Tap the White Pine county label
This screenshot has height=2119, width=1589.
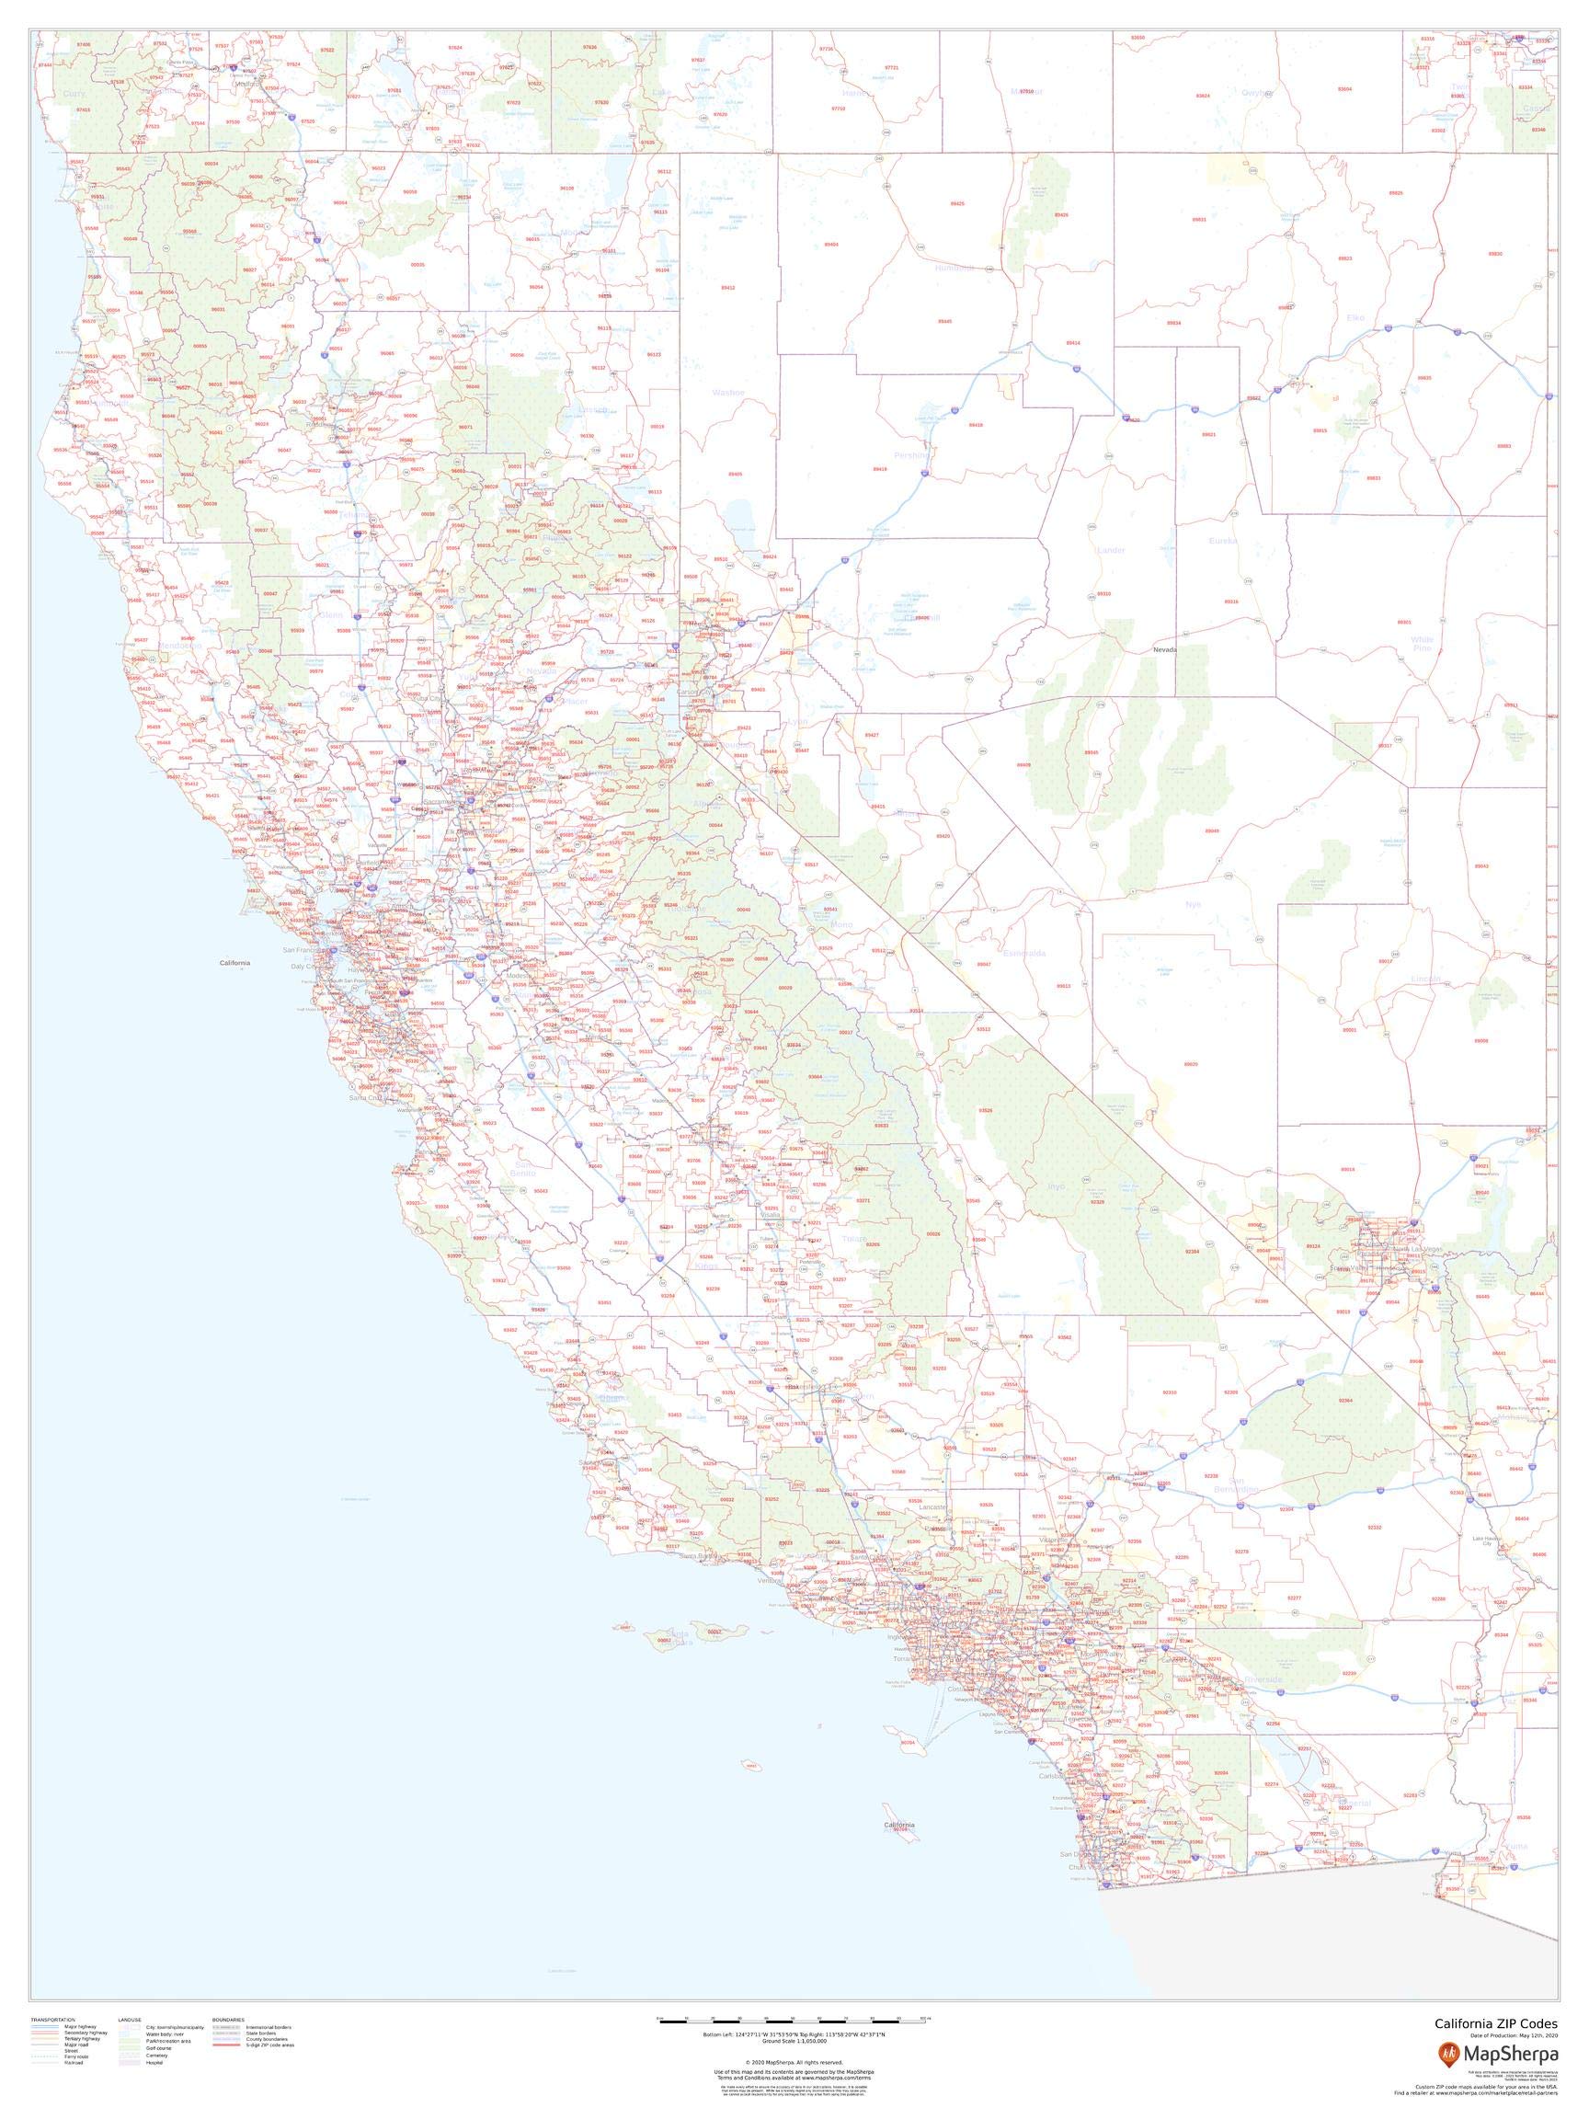point(1423,644)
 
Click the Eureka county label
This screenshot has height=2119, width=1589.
point(1223,541)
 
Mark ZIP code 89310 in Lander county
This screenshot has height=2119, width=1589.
point(1103,594)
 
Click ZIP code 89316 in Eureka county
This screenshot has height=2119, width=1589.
point(1230,601)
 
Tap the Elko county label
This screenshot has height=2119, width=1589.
point(1355,317)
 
